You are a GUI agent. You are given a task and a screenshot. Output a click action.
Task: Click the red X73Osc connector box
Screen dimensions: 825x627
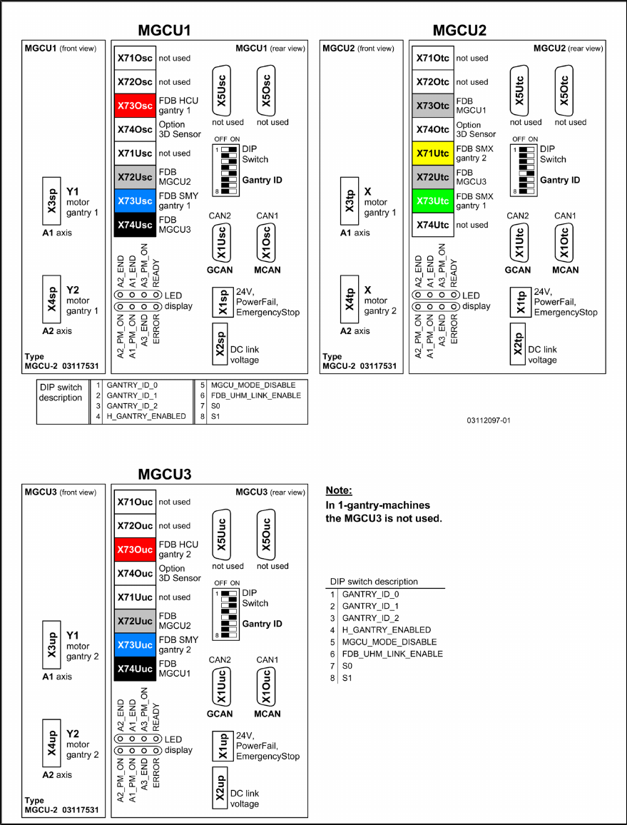(x=135, y=106)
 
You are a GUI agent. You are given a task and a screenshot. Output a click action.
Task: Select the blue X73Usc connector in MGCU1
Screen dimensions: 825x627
(x=135, y=201)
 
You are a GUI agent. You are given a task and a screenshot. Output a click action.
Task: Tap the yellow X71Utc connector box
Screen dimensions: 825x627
(x=433, y=153)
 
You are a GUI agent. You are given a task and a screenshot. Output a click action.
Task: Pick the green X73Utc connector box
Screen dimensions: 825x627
(x=433, y=201)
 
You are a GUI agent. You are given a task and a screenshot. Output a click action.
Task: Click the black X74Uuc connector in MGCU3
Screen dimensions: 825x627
(x=135, y=669)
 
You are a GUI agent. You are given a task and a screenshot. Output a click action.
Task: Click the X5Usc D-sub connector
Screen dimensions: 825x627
(x=221, y=91)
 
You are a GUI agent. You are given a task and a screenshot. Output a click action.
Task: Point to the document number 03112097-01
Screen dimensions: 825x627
(x=489, y=420)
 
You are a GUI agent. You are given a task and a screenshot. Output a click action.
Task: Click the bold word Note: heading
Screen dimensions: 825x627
(x=339, y=491)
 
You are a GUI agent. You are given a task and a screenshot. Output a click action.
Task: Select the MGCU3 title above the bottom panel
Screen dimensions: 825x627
(x=165, y=474)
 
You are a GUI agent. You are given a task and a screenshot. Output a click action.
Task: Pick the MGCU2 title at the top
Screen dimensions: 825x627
(x=459, y=30)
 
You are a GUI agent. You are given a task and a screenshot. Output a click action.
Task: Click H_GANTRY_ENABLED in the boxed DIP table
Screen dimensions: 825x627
(x=146, y=416)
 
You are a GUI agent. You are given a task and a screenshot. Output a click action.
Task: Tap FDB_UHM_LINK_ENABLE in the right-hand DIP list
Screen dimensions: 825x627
(x=392, y=654)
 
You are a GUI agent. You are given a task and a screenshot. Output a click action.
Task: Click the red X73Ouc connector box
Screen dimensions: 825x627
(x=135, y=550)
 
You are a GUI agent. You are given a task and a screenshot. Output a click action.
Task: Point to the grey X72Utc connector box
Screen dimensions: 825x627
(x=433, y=177)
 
